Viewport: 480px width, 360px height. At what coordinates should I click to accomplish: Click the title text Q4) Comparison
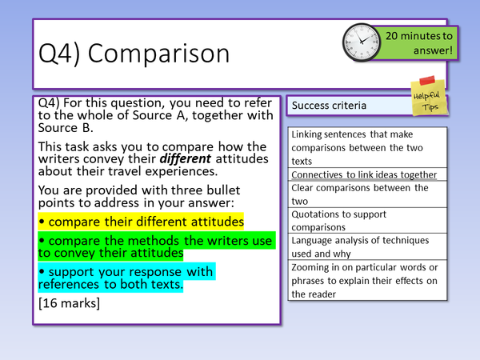134,54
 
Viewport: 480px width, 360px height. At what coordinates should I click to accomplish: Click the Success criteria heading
329,106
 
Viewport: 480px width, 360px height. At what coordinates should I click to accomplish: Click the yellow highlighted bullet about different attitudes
141,221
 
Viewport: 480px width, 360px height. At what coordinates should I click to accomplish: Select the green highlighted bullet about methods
156,246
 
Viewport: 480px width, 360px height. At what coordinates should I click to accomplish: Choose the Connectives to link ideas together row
364,174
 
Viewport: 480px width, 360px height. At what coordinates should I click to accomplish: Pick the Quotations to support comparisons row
364,220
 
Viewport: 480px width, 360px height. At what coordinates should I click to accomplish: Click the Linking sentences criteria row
364,147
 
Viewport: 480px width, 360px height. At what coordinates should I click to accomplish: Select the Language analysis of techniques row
364,246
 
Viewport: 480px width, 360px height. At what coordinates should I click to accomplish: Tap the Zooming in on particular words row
364,280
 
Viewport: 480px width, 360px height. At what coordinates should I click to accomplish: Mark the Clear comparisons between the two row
364,194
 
